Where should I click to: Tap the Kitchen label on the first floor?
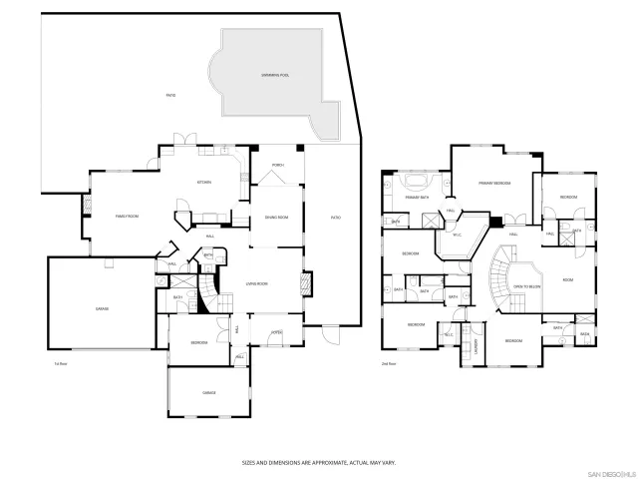click(x=204, y=182)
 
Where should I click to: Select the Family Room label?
click(x=126, y=216)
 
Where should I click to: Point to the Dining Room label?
click(x=276, y=217)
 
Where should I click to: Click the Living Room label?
click(x=258, y=284)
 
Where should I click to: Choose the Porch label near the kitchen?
click(x=278, y=165)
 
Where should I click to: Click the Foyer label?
click(x=277, y=333)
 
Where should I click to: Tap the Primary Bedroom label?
click(x=494, y=184)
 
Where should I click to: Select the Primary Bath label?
click(x=417, y=198)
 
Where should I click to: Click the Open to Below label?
click(x=526, y=286)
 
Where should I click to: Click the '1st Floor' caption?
click(x=61, y=364)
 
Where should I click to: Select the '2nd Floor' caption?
click(x=389, y=364)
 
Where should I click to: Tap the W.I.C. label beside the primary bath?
click(x=458, y=236)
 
